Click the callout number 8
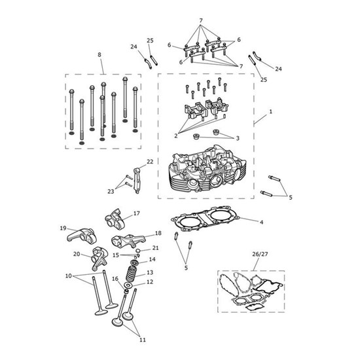click(99, 55)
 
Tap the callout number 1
click(271, 112)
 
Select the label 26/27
click(260, 254)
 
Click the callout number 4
click(261, 223)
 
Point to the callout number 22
click(150, 162)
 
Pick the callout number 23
click(111, 192)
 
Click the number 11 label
click(143, 340)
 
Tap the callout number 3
click(238, 138)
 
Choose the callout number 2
click(176, 136)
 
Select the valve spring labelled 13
click(132, 272)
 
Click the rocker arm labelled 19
click(81, 236)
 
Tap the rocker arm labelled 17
click(115, 219)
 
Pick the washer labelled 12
click(128, 285)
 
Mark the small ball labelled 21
click(138, 250)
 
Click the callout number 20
click(77, 254)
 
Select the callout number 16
click(115, 279)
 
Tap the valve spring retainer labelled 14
click(134, 262)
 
